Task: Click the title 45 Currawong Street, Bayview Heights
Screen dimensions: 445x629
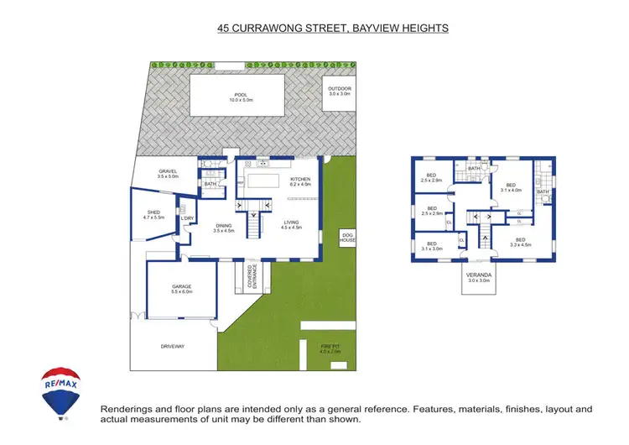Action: [332, 28]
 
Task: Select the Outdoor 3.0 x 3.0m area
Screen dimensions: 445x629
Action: [340, 92]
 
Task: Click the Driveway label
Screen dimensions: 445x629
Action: [172, 346]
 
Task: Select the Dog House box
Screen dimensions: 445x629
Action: [346, 238]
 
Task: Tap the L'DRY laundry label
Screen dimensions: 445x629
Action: [187, 219]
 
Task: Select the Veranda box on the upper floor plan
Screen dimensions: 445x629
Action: [478, 278]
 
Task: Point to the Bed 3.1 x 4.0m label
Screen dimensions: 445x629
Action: [510, 187]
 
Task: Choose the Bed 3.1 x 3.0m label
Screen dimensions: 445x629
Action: [433, 245]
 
